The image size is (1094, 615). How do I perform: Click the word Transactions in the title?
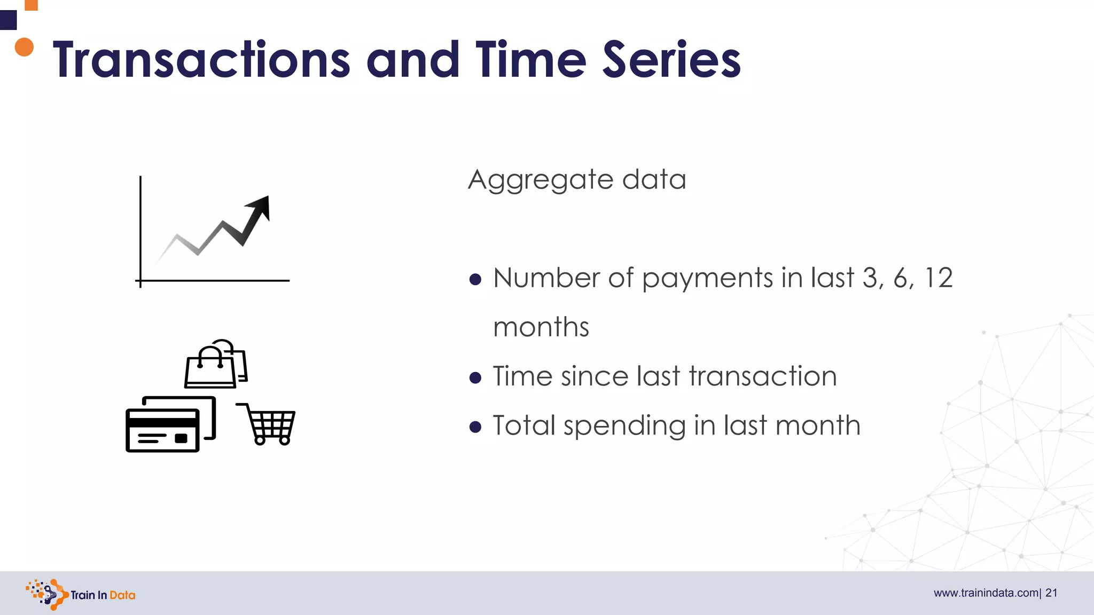201,60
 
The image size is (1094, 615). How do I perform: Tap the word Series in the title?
671,60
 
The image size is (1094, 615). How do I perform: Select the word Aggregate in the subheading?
540,180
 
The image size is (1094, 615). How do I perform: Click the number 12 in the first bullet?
938,278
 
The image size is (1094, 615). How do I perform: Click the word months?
541,327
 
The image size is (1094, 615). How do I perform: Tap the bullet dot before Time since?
475,378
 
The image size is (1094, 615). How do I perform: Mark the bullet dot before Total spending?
475,427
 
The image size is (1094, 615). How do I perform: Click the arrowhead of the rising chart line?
260,207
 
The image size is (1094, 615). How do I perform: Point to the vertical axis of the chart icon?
140,230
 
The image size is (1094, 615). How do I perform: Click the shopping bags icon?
216,364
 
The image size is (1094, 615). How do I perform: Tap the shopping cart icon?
267,424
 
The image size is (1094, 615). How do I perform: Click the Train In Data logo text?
103,595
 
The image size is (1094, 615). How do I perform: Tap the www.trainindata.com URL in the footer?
986,593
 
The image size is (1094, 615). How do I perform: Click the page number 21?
1051,593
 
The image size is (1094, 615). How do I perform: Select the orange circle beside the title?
24,47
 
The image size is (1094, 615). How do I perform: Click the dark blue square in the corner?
8,20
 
